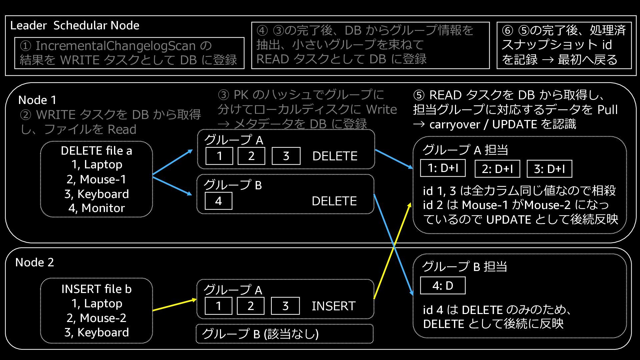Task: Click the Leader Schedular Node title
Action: tap(75, 25)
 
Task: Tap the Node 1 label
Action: tap(37, 100)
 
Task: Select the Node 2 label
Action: tap(35, 262)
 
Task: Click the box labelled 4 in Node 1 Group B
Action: tap(218, 201)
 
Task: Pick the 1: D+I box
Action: tap(443, 168)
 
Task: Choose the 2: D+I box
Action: tap(497, 169)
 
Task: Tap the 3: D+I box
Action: tap(549, 169)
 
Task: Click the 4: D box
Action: tap(443, 285)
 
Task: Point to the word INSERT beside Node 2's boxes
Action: tap(334, 306)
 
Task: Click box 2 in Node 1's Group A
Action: tap(251, 156)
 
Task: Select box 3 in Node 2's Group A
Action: tap(285, 306)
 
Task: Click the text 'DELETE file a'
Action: tap(96, 151)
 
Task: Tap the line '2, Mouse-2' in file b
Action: tap(96, 318)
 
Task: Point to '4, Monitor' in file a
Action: tap(96, 208)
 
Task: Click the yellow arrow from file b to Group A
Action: tap(175, 305)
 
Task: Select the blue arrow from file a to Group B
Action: tap(172, 185)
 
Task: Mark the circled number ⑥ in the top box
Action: tap(507, 30)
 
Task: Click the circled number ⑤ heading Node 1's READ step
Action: tap(419, 95)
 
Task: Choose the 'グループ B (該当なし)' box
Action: tap(285, 334)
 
